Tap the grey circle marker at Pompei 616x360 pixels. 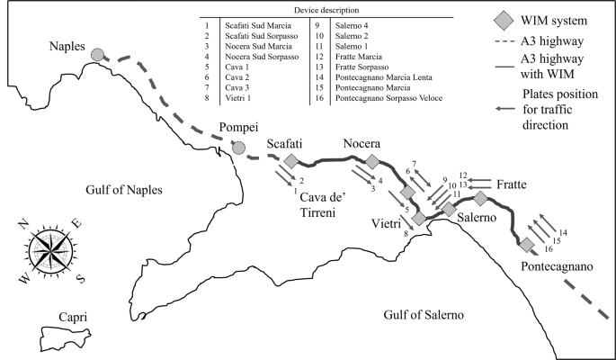238,147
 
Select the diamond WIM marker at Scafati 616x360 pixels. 290,161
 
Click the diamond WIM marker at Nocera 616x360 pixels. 371,162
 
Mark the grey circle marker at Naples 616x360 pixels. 98,56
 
